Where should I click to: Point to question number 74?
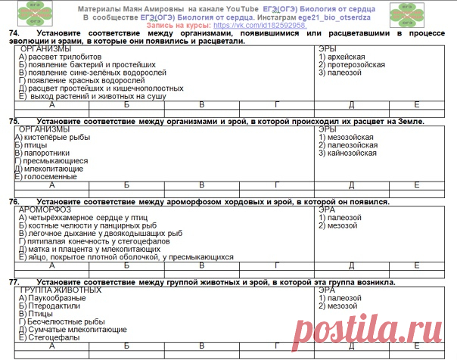[13, 34]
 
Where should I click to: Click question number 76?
[13, 202]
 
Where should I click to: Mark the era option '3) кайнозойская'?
[347, 153]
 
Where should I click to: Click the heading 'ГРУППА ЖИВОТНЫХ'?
[61, 290]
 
